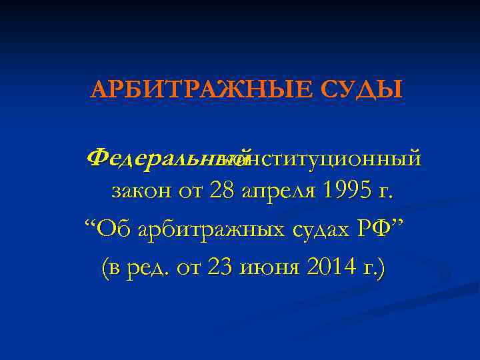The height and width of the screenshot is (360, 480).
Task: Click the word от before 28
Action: tap(191, 191)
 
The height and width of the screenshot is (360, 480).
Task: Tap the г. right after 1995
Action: tap(385, 193)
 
